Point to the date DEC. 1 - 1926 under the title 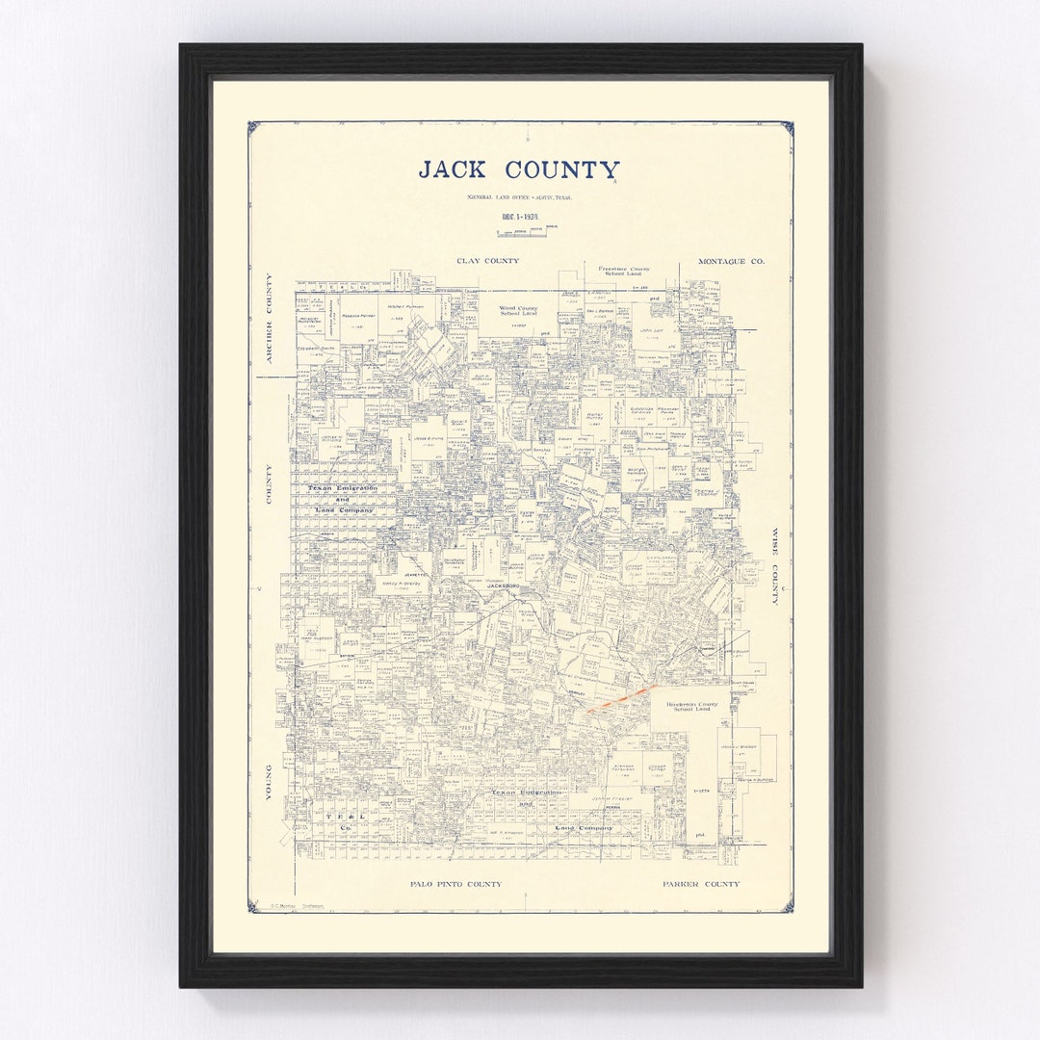point(520,217)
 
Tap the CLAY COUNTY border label point(487,261)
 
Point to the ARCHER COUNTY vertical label point(270,318)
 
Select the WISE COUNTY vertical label point(772,565)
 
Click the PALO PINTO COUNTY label point(455,883)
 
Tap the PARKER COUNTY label point(701,883)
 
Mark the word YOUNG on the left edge point(270,783)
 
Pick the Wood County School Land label point(518,312)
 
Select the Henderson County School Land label point(691,707)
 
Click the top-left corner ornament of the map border point(252,126)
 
